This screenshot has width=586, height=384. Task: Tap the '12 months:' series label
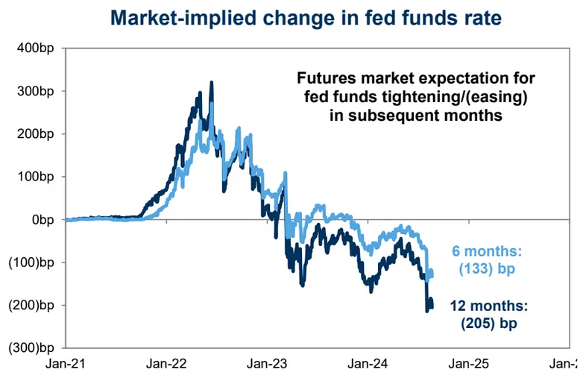[488, 305]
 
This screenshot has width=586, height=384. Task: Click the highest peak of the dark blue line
[212, 83]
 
